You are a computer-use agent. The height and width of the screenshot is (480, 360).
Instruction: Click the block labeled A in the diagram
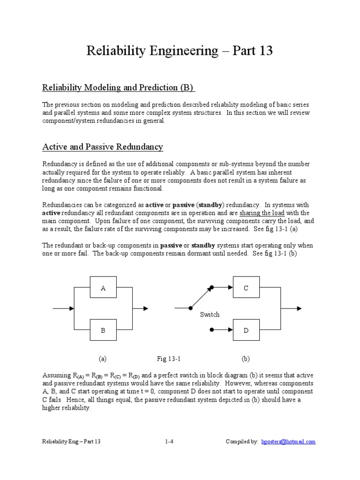(103, 288)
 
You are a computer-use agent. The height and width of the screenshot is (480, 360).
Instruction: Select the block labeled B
(103, 330)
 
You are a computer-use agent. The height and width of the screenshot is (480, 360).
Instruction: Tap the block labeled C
(246, 288)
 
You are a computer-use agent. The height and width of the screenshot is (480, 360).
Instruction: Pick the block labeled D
(246, 330)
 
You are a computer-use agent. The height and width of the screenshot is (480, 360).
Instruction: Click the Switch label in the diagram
(210, 315)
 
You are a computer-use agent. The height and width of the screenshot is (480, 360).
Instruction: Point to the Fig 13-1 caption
(169, 359)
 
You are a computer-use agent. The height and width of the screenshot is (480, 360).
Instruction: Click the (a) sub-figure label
(103, 359)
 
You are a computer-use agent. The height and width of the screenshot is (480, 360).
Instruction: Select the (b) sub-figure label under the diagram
(246, 359)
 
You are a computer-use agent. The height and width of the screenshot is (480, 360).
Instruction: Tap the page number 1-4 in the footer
(169, 442)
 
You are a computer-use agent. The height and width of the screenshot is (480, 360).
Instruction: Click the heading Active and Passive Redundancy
(103, 147)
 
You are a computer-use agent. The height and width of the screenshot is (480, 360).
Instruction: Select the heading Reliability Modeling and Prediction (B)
(118, 88)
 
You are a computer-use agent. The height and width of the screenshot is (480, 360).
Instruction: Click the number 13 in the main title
(264, 51)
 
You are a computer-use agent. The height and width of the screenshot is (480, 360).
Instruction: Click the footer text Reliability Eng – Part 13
(71, 442)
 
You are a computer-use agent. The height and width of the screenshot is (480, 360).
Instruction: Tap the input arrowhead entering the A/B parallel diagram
(71, 308)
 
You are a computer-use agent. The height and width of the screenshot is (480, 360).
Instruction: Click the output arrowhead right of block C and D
(299, 308)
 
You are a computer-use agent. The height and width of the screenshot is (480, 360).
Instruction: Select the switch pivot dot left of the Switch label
(190, 308)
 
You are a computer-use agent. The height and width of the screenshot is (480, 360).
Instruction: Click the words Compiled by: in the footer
(242, 442)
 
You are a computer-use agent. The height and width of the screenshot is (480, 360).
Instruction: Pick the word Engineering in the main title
(179, 51)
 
